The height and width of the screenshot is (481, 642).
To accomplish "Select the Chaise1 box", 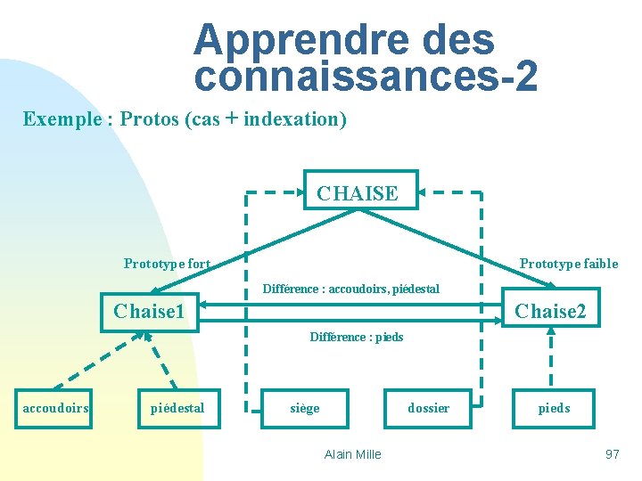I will click(150, 312).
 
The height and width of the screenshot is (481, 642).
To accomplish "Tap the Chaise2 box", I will click(550, 310).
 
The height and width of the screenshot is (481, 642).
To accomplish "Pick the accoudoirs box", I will click(55, 408).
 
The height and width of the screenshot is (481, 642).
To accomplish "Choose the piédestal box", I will click(178, 408).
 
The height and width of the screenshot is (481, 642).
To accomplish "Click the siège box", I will click(305, 408).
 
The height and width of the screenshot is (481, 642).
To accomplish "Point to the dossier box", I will click(428, 408).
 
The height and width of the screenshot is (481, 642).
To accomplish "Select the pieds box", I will click(553, 408).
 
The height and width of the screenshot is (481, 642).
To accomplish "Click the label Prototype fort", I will click(167, 264).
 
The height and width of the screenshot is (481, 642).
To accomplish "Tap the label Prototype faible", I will click(568, 264).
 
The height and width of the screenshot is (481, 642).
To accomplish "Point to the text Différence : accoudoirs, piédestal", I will click(350, 289).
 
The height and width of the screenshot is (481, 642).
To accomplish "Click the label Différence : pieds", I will click(356, 337).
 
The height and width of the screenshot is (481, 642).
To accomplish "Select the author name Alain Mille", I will click(352, 454).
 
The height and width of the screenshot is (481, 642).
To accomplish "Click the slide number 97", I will click(612, 454).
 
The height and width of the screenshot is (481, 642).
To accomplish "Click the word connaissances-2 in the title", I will click(366, 77).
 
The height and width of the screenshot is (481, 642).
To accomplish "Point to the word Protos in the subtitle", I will click(149, 119).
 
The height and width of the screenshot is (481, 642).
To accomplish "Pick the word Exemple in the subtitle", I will click(62, 119).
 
